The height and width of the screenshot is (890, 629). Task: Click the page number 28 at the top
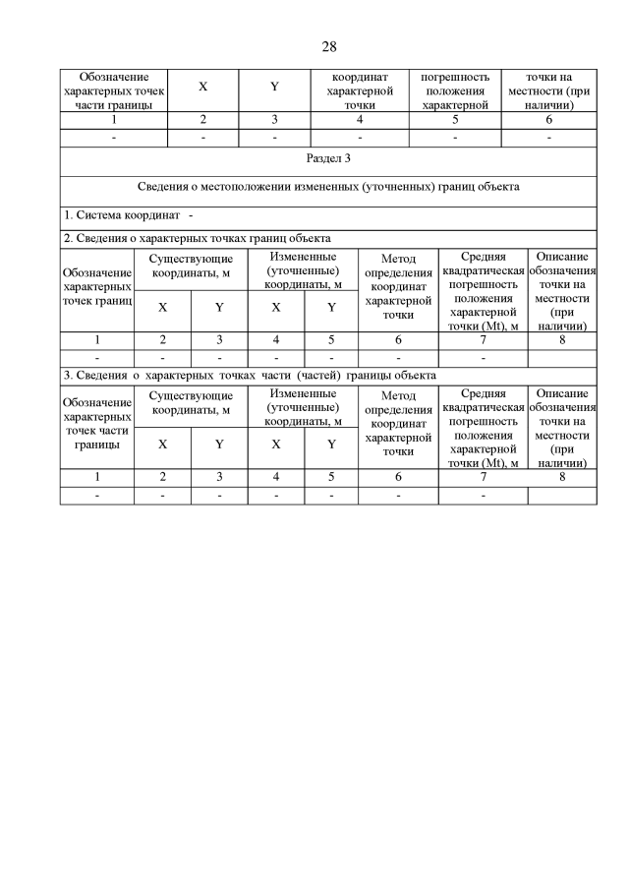coord(329,46)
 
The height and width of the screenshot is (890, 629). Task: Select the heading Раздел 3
coord(329,158)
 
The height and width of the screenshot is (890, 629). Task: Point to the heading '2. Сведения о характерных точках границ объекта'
coord(197,238)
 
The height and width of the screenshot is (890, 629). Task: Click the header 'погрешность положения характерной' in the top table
coord(454,89)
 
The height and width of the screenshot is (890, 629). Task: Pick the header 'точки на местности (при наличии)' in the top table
coord(548,89)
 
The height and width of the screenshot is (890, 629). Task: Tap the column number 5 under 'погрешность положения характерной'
coord(454,120)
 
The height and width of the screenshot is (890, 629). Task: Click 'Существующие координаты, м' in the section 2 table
coord(191,266)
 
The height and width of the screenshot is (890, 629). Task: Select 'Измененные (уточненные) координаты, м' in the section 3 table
coord(304,407)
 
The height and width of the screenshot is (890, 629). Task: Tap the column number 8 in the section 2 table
coord(562,340)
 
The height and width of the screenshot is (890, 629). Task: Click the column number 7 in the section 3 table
coord(483,477)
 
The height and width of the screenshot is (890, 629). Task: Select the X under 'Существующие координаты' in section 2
coord(163,307)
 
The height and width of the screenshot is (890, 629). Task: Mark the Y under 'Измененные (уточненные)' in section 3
coord(332,444)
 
